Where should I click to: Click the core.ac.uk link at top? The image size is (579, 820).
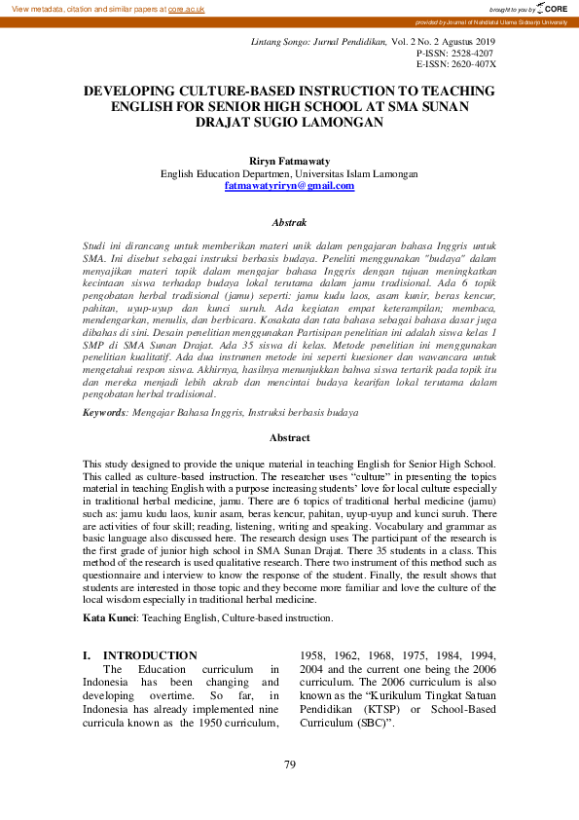186,9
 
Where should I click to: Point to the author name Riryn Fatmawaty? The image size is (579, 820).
289,162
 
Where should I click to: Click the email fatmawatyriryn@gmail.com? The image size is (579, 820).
289,185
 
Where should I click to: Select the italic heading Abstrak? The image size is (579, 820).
289,223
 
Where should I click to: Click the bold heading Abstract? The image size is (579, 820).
289,438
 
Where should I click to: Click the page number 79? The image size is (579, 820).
289,764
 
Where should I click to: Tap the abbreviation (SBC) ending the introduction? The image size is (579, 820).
375,725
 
